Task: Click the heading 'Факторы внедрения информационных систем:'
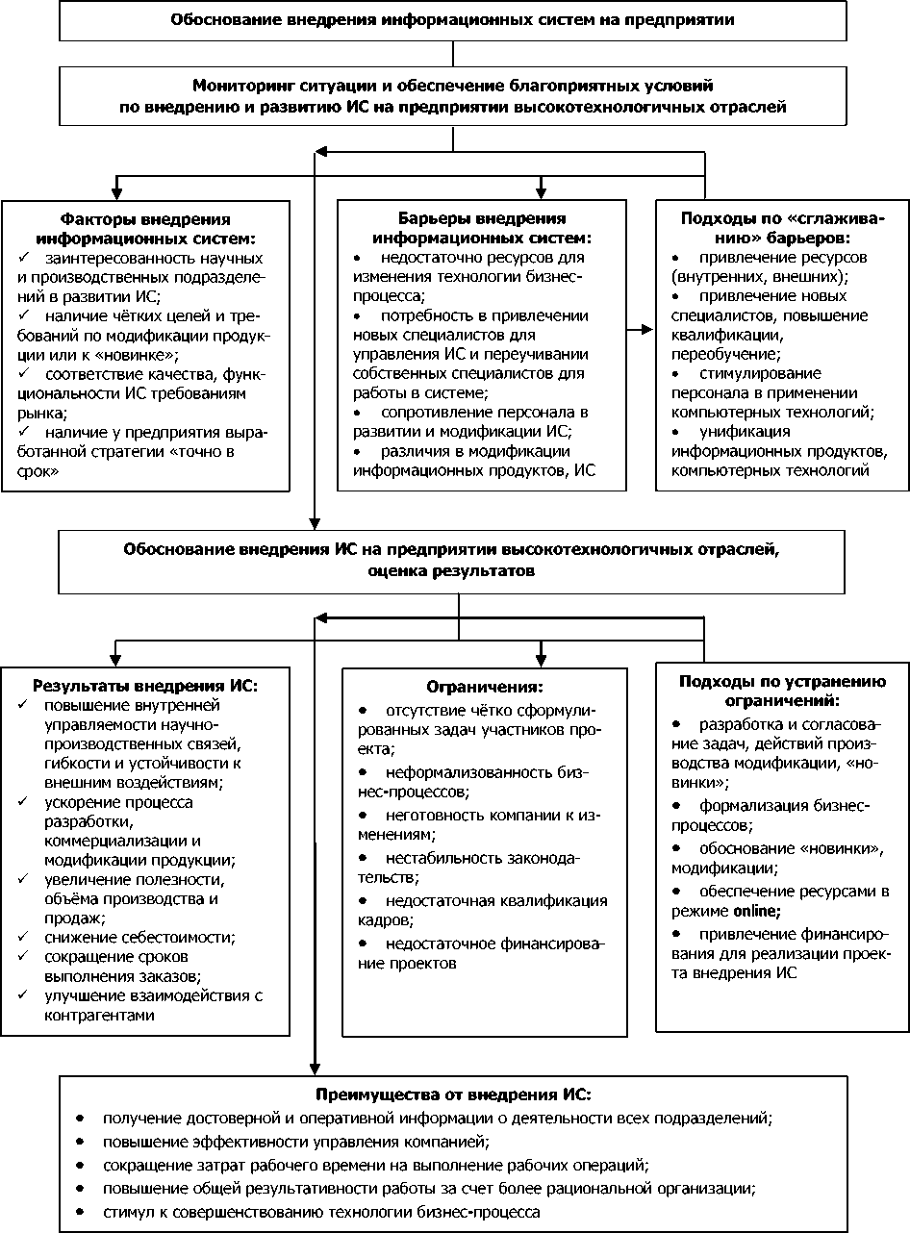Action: click(145, 228)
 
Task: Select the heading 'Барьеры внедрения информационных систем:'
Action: click(482, 228)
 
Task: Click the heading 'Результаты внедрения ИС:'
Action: click(145, 686)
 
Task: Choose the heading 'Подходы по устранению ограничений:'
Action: click(782, 691)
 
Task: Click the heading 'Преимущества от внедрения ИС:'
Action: click(454, 1095)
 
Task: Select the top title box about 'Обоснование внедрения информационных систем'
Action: click(454, 20)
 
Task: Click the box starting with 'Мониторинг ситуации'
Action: click(454, 96)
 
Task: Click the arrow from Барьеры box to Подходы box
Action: click(639, 330)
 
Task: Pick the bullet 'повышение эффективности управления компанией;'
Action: click(296, 1142)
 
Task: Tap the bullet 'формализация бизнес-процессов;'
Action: click(784, 816)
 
